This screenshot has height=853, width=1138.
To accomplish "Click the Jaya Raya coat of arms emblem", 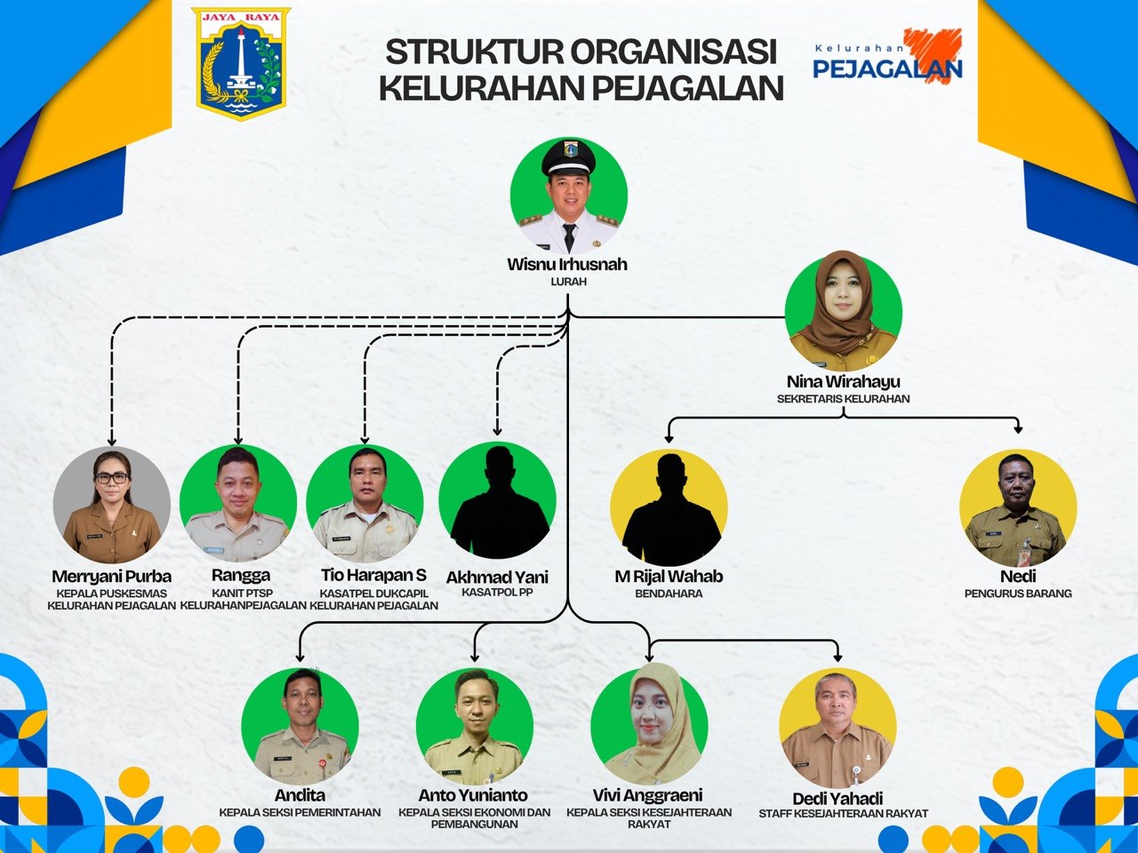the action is tap(241, 63).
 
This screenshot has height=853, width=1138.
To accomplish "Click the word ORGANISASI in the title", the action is tap(674, 52).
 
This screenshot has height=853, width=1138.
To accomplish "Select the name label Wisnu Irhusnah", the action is tap(567, 264).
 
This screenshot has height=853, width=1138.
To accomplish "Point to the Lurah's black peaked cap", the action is tap(569, 157).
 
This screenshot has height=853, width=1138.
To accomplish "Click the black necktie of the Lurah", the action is tap(569, 237).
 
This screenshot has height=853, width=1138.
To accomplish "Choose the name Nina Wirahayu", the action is tap(844, 382).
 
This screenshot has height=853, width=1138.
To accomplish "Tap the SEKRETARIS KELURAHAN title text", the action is tap(843, 399).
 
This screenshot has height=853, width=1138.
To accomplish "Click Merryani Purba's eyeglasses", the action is tap(111, 478).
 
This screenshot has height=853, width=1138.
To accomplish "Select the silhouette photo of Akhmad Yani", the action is tap(497, 501).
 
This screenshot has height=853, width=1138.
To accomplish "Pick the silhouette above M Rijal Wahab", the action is tap(669, 508).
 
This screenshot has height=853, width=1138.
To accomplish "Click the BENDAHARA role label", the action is tap(669, 594).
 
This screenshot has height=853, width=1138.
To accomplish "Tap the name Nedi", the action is tap(1018, 576).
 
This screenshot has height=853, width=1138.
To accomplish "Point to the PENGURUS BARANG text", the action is tap(1018, 594).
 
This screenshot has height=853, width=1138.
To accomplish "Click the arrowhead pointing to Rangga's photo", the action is tap(238, 440).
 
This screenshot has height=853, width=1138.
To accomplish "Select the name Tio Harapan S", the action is tap(373, 575).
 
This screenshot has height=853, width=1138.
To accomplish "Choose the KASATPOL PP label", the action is tap(497, 592).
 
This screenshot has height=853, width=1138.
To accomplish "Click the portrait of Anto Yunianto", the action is tap(475, 727).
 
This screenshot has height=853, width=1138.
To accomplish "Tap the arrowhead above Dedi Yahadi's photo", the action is tap(837, 658).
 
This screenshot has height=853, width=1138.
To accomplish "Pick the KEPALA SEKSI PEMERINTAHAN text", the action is tap(300, 813).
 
